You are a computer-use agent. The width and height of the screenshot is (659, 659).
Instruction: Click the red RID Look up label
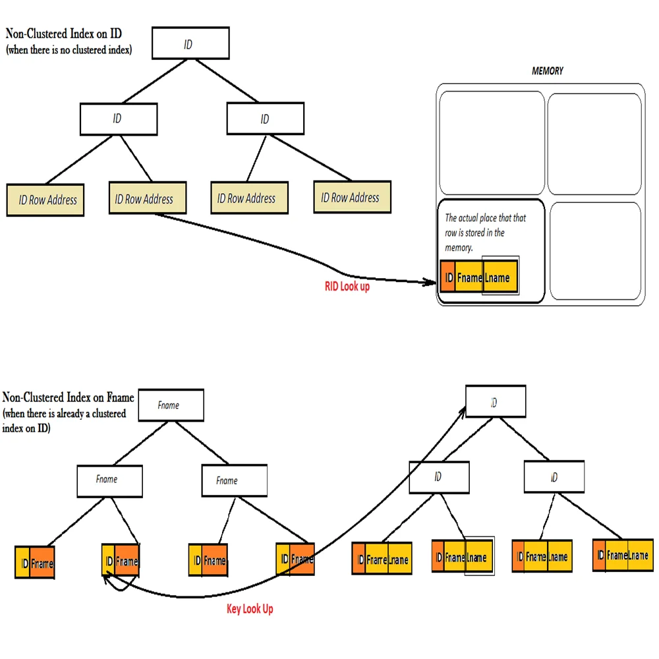pos(347,287)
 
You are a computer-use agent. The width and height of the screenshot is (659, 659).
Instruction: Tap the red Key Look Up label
pos(250,609)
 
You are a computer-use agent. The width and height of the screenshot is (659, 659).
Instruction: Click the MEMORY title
pos(547,71)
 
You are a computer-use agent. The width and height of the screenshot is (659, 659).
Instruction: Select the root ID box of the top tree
pos(190,43)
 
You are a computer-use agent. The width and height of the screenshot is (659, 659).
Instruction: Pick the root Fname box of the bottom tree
pos(169,405)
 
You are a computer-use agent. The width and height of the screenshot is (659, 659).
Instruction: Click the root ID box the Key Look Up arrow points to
pos(495,402)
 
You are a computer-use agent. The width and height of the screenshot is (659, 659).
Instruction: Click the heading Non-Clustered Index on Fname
pos(69,397)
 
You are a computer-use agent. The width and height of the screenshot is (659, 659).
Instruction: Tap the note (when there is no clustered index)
pos(69,50)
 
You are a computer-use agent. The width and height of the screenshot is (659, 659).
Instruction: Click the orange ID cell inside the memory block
pos(449,278)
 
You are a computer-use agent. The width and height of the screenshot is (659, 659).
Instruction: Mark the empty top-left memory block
pos(492,134)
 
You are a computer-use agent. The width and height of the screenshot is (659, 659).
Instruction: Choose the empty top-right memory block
pos(594,134)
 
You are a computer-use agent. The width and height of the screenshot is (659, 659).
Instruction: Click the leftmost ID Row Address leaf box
pos(46,200)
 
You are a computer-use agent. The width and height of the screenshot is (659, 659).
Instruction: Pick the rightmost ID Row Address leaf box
pos(351,198)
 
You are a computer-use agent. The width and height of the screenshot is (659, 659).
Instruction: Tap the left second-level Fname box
pos(109,481)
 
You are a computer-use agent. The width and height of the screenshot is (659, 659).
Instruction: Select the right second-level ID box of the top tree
pos(265,119)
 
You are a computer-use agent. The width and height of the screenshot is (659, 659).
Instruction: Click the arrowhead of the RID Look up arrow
pos(433,283)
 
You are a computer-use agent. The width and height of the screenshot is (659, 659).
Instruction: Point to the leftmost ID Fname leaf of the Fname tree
pos(34,563)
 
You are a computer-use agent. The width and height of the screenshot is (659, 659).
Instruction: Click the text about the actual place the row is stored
pos(485,232)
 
